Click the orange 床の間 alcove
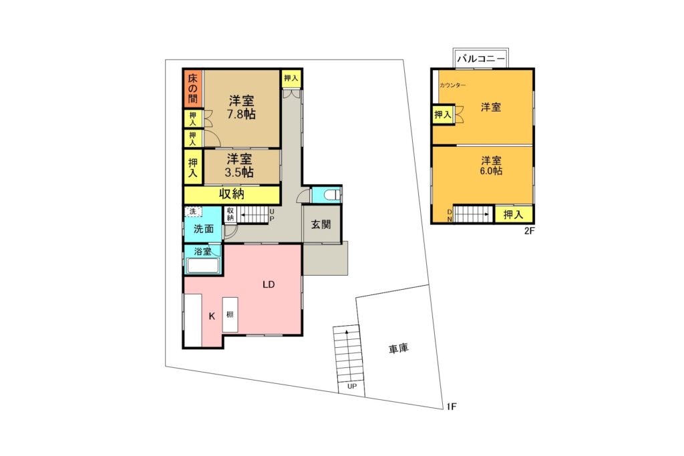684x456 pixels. click(193, 89)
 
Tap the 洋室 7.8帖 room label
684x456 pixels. click(241, 107)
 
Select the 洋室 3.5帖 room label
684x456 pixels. click(239, 165)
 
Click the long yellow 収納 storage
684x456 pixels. click(232, 194)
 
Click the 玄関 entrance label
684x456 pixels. click(321, 224)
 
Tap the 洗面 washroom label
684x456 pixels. click(203, 228)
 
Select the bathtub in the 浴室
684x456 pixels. click(202, 265)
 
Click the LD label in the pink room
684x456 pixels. click(269, 284)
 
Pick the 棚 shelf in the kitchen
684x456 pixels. click(230, 314)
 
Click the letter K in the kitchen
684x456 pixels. click(212, 316)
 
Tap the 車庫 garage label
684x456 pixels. click(398, 349)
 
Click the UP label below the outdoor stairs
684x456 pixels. click(351, 387)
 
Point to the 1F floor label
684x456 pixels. click(452, 407)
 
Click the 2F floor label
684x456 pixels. click(529, 231)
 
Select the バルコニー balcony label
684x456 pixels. click(481, 58)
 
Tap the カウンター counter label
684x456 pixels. click(452, 85)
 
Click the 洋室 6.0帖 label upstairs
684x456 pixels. click(491, 165)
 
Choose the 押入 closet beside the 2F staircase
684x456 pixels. click(514, 214)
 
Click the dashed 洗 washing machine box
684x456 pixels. click(192, 212)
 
